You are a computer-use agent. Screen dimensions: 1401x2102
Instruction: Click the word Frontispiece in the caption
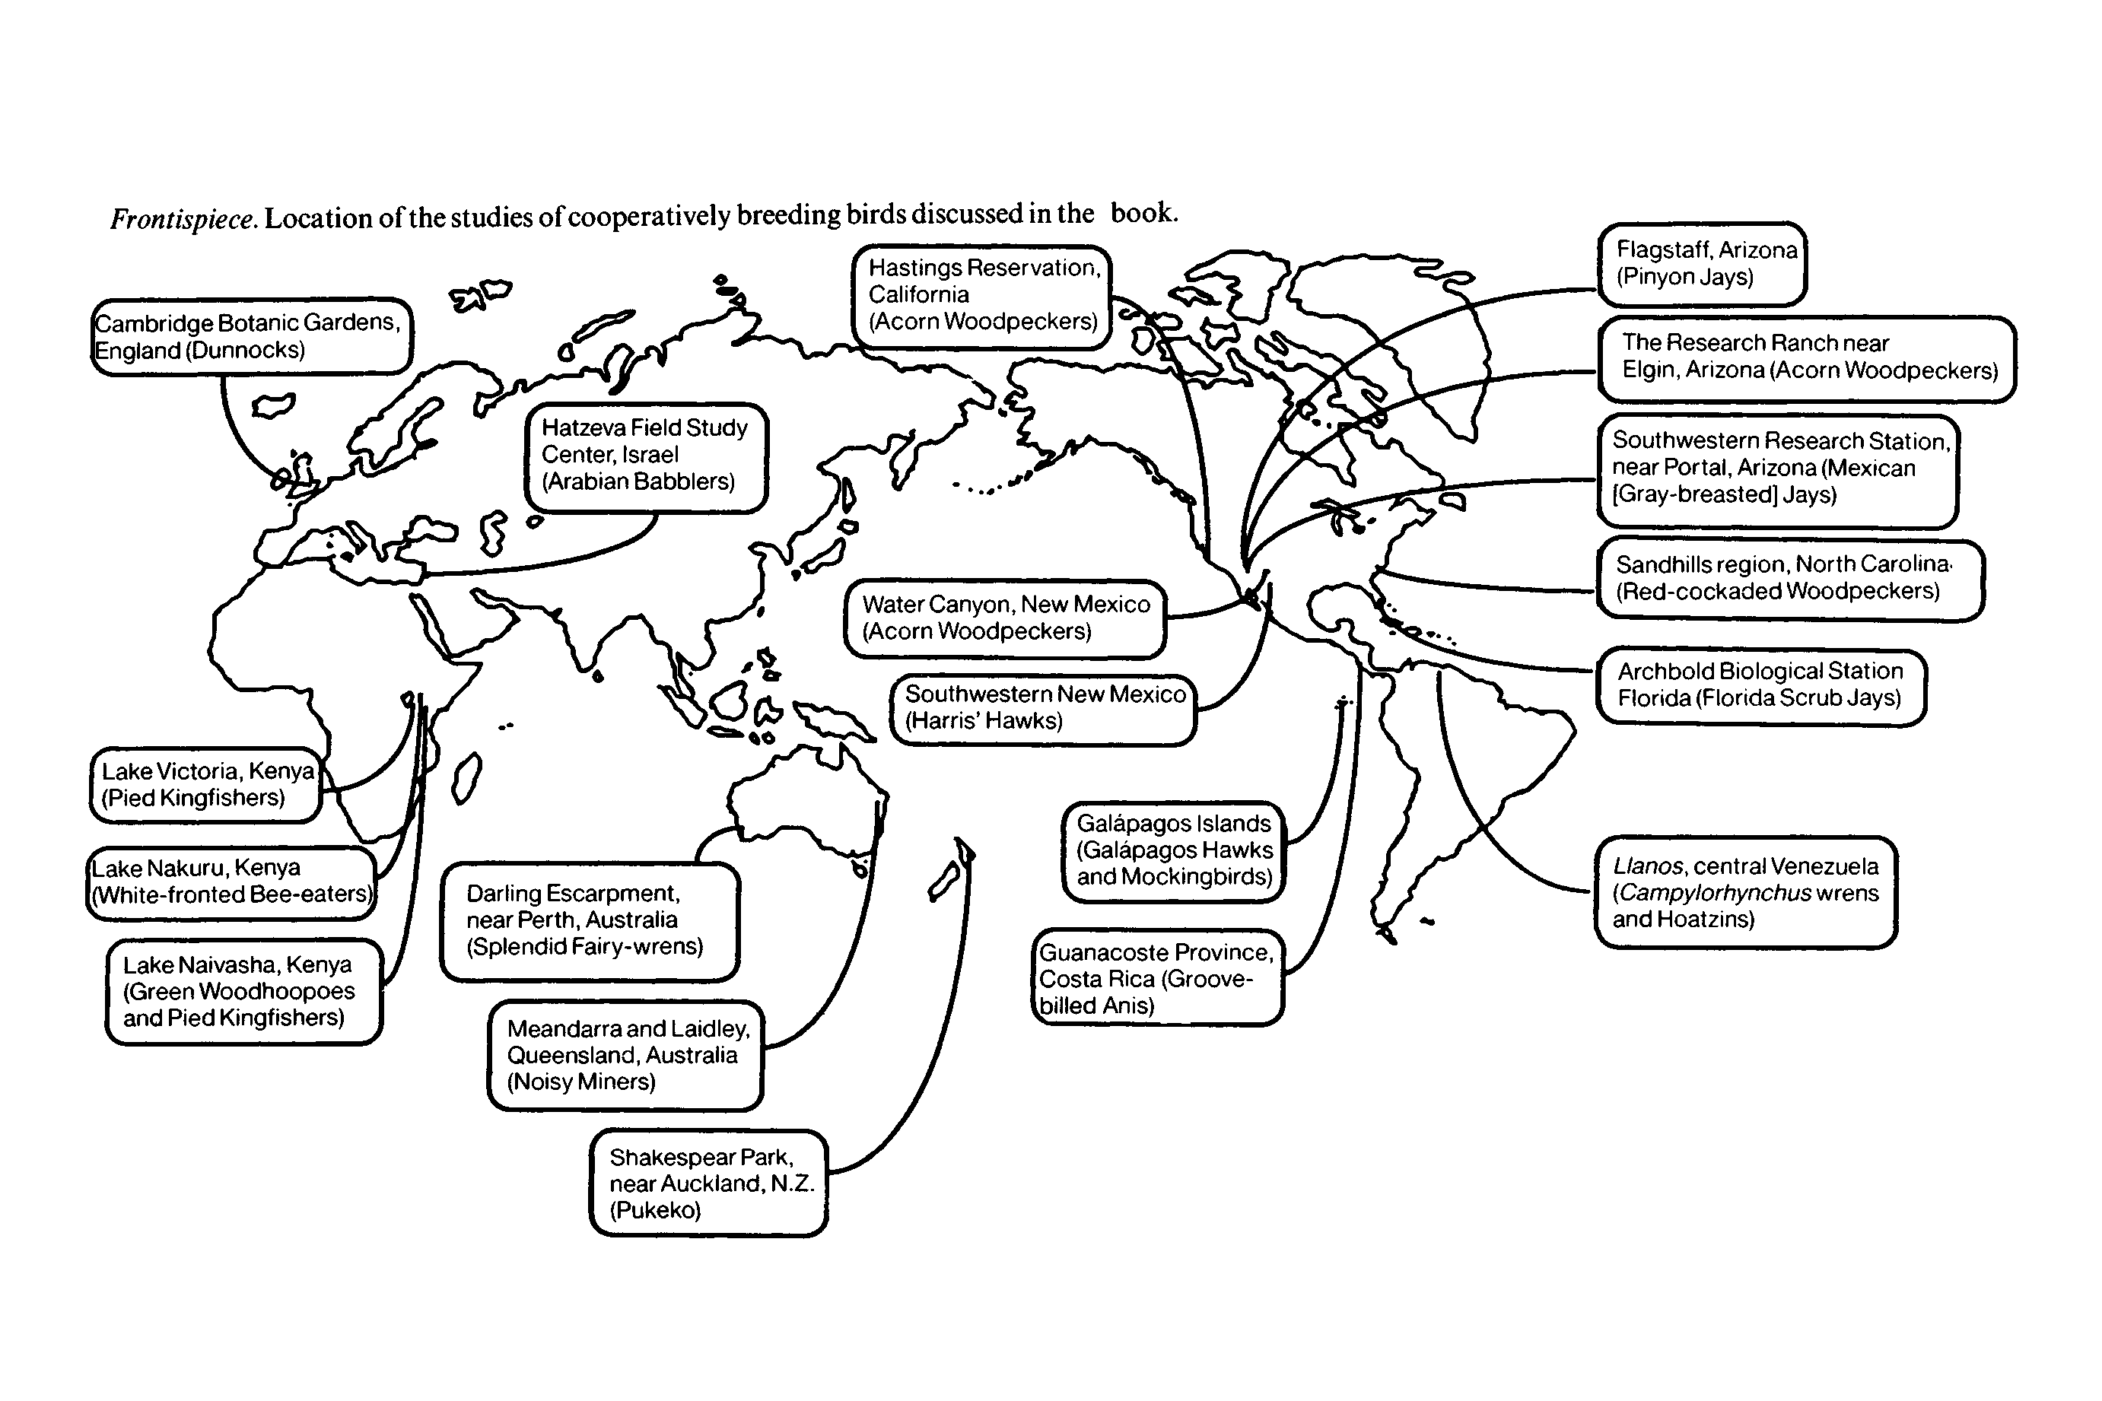click(x=184, y=219)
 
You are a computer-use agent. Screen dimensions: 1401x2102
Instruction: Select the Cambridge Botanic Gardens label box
click(x=250, y=337)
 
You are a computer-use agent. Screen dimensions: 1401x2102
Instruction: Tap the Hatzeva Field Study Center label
click(x=645, y=456)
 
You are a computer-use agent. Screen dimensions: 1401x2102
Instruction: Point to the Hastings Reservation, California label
click(x=982, y=296)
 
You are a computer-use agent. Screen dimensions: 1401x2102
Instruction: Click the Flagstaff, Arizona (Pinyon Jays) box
click(x=1703, y=264)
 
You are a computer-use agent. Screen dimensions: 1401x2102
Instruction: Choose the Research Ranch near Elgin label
click(x=1806, y=357)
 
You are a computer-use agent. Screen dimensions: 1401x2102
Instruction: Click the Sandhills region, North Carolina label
click(x=1789, y=579)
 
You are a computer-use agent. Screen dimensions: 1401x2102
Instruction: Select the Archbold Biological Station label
click(x=1760, y=685)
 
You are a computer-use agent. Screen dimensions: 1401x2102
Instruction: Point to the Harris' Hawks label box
click(x=1043, y=709)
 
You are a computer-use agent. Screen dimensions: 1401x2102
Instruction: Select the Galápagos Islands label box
click(x=1173, y=850)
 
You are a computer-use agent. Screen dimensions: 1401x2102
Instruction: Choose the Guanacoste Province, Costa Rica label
click(x=1158, y=978)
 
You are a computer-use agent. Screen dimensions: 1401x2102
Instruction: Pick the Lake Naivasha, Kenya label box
click(x=243, y=992)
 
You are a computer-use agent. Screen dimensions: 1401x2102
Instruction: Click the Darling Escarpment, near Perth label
click(x=590, y=921)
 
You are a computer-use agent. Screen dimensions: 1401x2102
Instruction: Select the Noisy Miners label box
click(x=625, y=1056)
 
